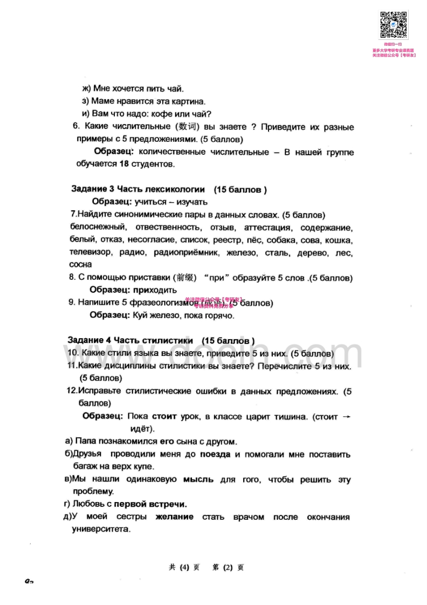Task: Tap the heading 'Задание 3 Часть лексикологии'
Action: (x=138, y=189)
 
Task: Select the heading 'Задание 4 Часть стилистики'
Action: (x=130, y=340)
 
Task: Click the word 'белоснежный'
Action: (x=98, y=227)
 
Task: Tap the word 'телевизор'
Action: (x=91, y=252)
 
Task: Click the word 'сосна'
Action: (x=81, y=264)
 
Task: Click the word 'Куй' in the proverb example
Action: (x=140, y=315)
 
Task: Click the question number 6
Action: (x=75, y=127)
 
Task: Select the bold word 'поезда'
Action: (x=215, y=455)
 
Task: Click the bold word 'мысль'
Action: (x=198, y=479)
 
